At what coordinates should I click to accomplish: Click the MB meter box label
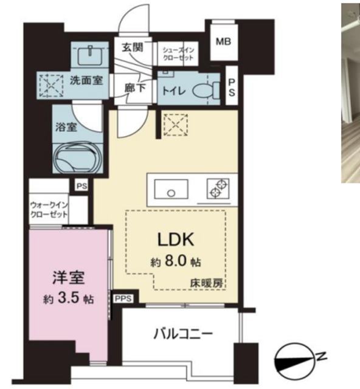(223, 41)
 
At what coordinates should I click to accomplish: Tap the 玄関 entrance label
(133, 47)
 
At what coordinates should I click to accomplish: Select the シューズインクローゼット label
(178, 54)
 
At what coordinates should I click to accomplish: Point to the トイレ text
(173, 91)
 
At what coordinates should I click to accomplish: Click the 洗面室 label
(86, 80)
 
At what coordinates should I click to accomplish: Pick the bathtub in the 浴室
(77, 158)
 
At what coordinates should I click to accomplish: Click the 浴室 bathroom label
(66, 127)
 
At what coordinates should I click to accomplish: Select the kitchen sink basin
(171, 189)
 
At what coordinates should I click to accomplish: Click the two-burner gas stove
(218, 188)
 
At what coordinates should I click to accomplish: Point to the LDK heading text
(176, 240)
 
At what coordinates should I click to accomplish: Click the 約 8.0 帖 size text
(176, 262)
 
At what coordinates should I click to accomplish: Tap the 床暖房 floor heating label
(206, 283)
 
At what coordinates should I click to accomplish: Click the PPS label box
(123, 298)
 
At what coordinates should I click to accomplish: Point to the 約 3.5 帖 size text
(69, 299)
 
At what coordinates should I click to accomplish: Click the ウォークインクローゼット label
(49, 210)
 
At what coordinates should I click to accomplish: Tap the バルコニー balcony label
(183, 334)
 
